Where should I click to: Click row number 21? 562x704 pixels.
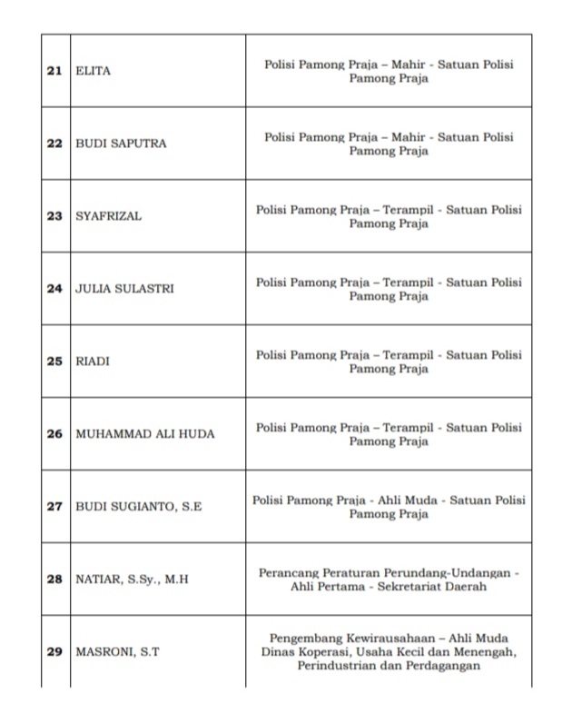click(54, 71)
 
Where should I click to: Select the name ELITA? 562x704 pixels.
click(93, 71)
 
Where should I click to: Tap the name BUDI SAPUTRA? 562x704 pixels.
click(121, 144)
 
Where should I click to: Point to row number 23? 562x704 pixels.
click(54, 216)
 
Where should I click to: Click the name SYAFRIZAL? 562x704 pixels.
click(108, 216)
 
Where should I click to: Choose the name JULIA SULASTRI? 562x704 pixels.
click(124, 289)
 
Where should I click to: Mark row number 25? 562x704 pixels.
click(54, 362)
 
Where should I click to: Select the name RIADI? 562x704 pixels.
click(92, 362)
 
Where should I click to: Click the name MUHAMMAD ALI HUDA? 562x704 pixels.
click(145, 434)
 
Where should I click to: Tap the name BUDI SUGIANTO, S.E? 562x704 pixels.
click(138, 507)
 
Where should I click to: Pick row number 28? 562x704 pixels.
click(54, 579)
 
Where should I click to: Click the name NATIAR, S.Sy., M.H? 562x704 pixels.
click(132, 579)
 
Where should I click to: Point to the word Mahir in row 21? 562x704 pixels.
click(408, 64)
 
